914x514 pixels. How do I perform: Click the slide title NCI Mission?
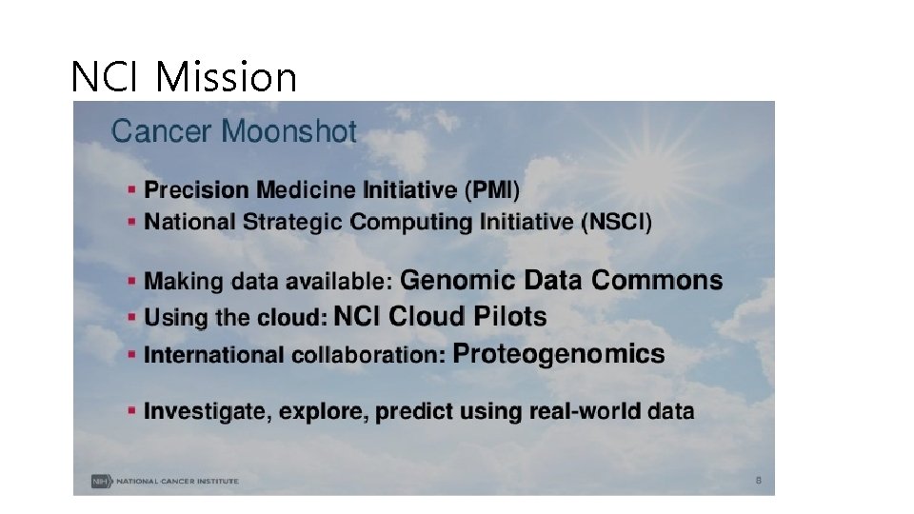(x=184, y=76)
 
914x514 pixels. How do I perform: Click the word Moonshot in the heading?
(x=289, y=131)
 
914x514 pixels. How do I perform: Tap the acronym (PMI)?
(x=492, y=190)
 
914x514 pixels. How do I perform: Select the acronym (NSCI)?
(x=616, y=222)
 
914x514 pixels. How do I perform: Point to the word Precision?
(x=195, y=190)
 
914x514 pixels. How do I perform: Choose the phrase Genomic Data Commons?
(x=561, y=281)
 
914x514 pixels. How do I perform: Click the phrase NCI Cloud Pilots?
(x=441, y=317)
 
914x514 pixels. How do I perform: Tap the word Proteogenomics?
(x=559, y=354)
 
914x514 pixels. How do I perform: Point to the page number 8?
(x=758, y=481)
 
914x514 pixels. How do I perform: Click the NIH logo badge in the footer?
(x=100, y=481)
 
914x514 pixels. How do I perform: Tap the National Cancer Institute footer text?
(x=178, y=481)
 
